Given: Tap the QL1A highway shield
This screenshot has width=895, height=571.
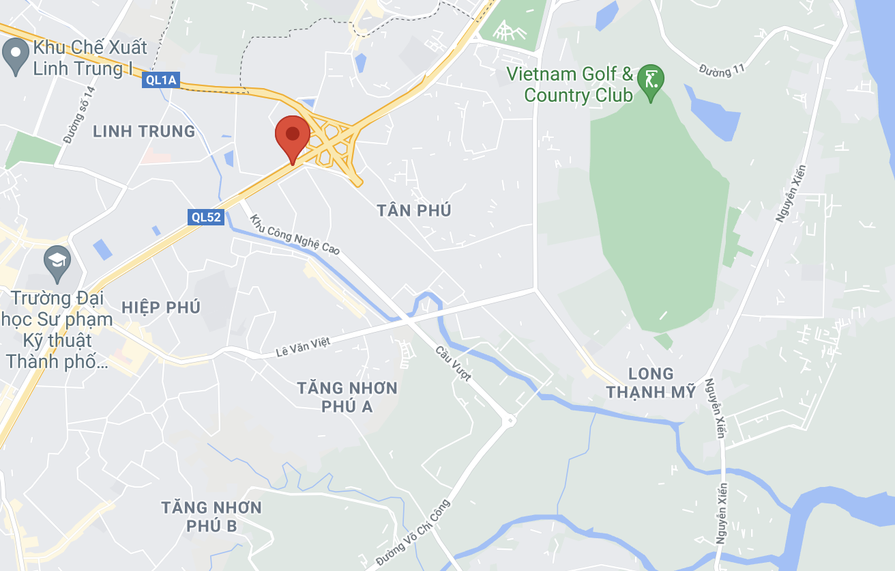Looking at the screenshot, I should [x=161, y=81].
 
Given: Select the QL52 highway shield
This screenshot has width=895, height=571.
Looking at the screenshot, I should [x=206, y=217].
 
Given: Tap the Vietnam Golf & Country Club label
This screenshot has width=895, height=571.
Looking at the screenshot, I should [x=578, y=85].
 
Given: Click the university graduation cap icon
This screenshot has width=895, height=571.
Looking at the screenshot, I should [x=57, y=261].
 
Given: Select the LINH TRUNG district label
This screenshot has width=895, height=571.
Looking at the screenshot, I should [x=144, y=131].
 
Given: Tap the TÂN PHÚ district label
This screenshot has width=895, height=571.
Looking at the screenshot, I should [x=414, y=210].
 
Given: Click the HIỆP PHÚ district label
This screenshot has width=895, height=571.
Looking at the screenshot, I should [x=161, y=307].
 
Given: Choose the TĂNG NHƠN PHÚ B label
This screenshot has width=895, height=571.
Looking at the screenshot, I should [x=211, y=516].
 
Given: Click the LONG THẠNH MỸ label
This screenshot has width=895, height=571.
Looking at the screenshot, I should [x=651, y=382].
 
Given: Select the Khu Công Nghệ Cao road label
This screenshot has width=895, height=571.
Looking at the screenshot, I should [x=295, y=236].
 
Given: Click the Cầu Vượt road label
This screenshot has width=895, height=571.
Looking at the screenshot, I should [x=454, y=363].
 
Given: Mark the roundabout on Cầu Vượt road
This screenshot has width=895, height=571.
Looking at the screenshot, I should [x=509, y=421].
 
